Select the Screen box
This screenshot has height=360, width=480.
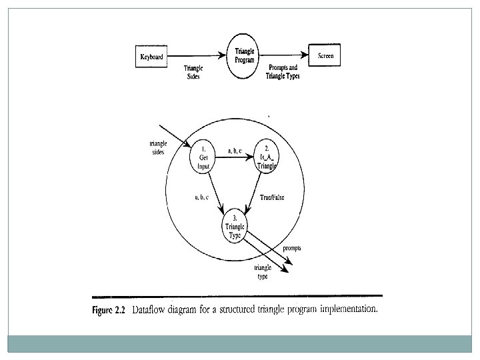[325, 56]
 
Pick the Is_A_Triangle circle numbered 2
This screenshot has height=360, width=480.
[265, 158]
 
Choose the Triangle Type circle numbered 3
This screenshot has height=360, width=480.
[235, 226]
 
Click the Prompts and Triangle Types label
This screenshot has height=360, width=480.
[283, 72]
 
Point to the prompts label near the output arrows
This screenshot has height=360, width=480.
[291, 247]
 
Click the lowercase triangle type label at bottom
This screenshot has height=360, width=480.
[262, 272]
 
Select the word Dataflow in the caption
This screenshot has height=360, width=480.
[151, 309]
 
